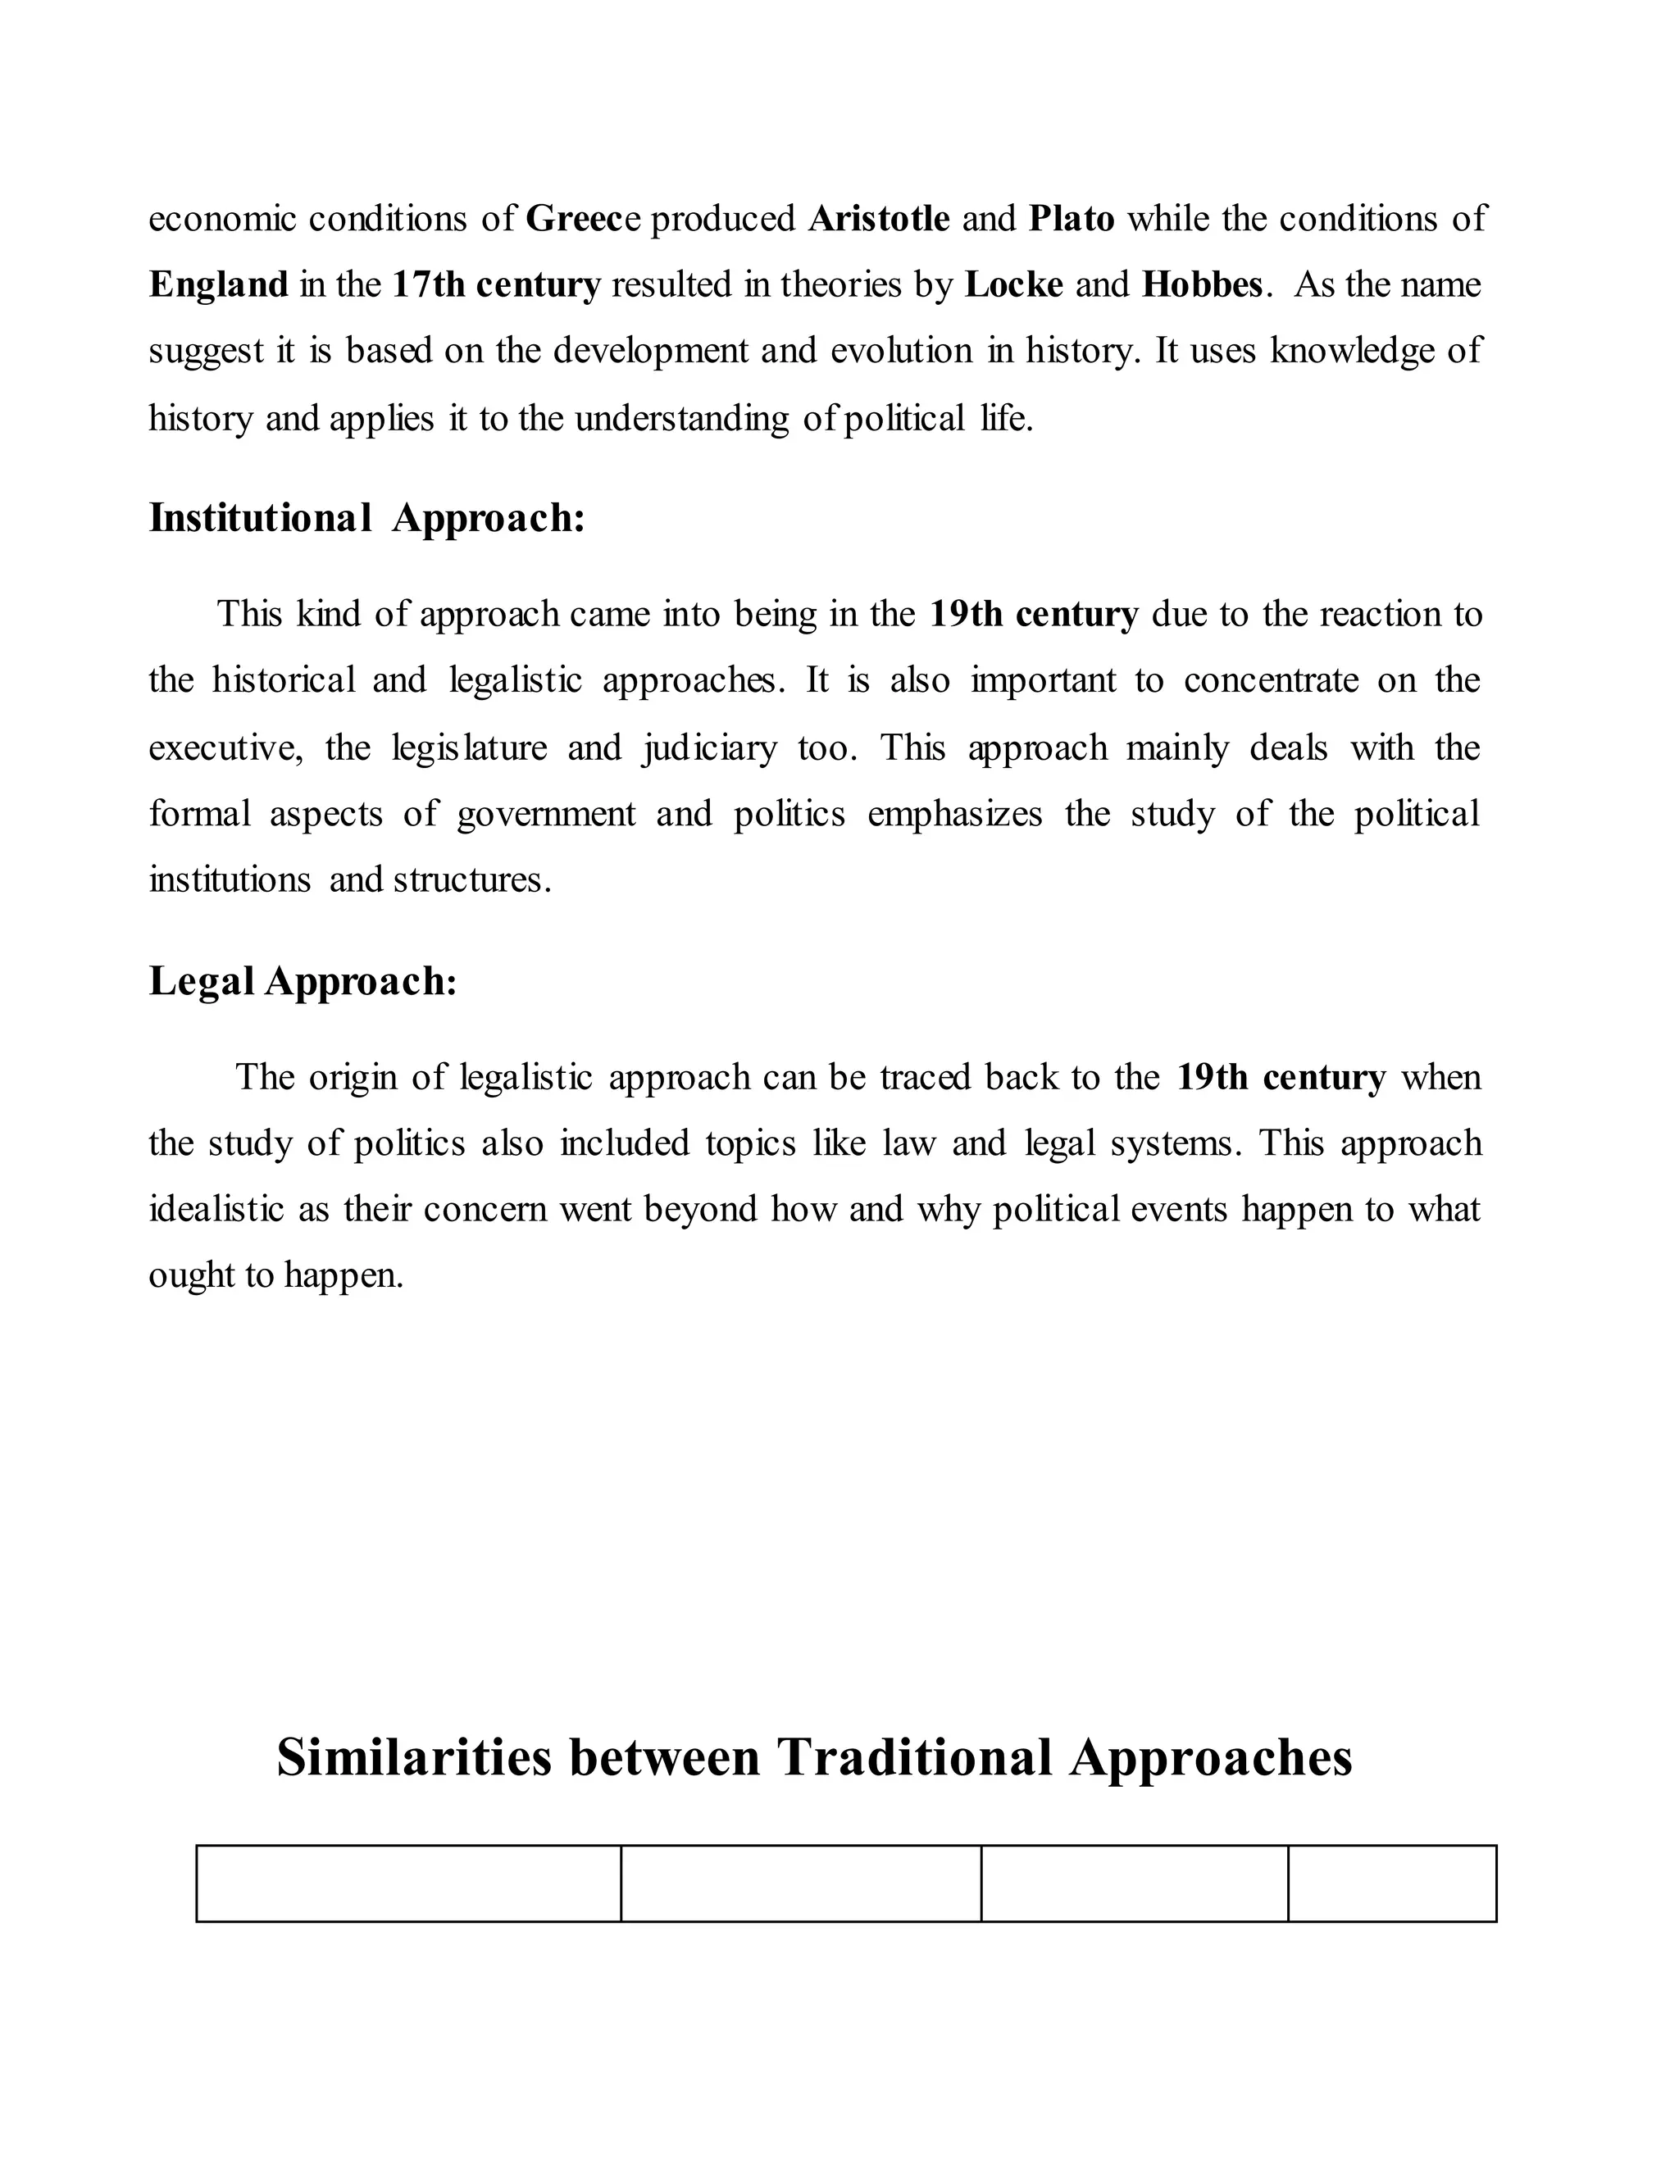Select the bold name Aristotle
(x=880, y=219)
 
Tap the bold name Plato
(x=1072, y=219)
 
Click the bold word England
(x=219, y=285)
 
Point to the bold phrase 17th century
(x=496, y=285)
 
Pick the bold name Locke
(x=1013, y=285)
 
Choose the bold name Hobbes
(x=1202, y=285)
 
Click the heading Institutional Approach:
(x=367, y=518)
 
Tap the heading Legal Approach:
(x=303, y=982)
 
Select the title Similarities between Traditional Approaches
(x=813, y=1757)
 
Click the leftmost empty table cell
(x=409, y=1883)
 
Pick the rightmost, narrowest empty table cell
(x=1391, y=1883)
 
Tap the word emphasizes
(x=954, y=815)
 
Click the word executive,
(x=225, y=747)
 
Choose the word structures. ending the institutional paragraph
(x=471, y=880)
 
